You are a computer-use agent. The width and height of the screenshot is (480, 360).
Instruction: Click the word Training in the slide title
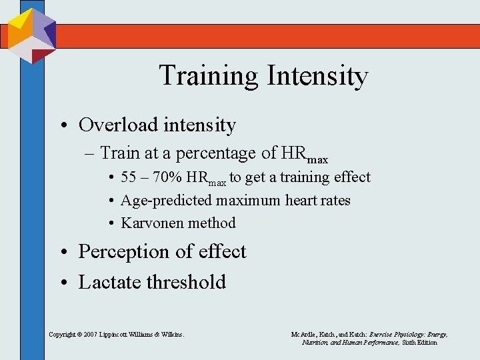(x=209, y=76)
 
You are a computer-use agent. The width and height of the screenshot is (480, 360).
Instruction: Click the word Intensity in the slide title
(x=317, y=76)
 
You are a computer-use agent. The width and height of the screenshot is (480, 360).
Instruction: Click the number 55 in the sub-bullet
(x=129, y=177)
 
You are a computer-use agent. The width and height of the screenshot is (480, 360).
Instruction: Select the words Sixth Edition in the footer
(x=419, y=342)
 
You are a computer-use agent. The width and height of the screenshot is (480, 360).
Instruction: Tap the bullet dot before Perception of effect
(x=67, y=252)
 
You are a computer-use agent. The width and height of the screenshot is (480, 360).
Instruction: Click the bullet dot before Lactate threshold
(x=67, y=282)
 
